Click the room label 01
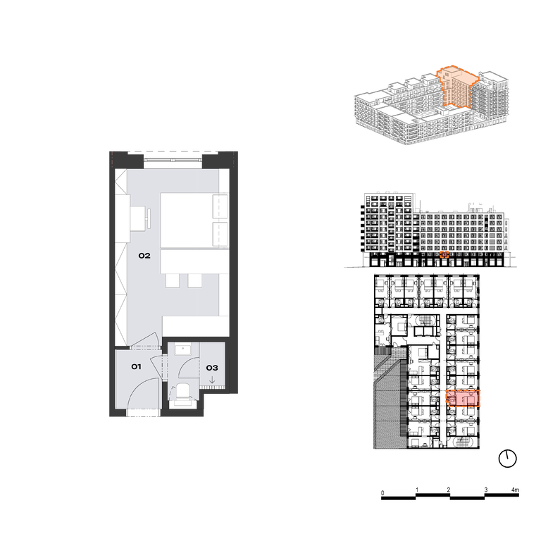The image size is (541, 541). coord(136,366)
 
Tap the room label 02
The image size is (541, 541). coord(144,256)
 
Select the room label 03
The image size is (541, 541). coord(212,368)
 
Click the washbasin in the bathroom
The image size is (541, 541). coord(183,349)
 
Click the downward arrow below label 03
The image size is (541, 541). coord(212,380)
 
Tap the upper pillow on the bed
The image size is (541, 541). coord(220,206)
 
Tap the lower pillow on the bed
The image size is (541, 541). coord(220,234)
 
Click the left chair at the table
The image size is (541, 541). coord(173,281)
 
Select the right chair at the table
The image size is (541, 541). coord(195,281)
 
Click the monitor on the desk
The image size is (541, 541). coord(149,218)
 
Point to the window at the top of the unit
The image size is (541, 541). coord(173,160)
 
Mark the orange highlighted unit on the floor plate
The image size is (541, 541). coord(463,398)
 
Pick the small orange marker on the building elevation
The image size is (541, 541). coord(444,254)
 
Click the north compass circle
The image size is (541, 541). coord(507,459)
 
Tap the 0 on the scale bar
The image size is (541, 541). coord(383,492)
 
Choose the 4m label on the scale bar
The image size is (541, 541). coord(515,490)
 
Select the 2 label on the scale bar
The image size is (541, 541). coord(449,490)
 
